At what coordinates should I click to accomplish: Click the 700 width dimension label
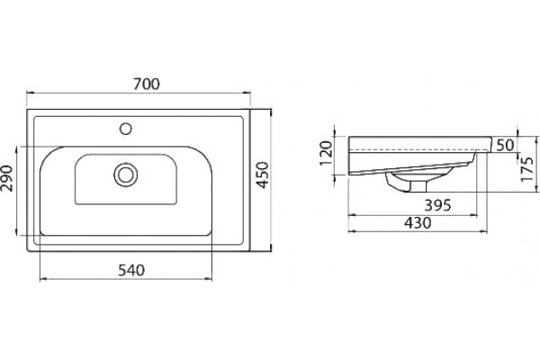click(x=147, y=84)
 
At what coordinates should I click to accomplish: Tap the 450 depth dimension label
click(x=263, y=175)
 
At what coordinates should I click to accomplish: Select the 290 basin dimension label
click(x=7, y=178)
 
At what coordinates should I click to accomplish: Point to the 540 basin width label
click(x=131, y=270)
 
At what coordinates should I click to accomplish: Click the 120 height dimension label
click(x=326, y=153)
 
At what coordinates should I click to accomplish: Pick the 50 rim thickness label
click(x=505, y=146)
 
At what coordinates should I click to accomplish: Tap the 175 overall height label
click(x=527, y=169)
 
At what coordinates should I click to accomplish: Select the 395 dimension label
click(x=437, y=205)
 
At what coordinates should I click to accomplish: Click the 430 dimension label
click(x=418, y=223)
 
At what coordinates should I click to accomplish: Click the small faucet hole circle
click(x=126, y=129)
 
